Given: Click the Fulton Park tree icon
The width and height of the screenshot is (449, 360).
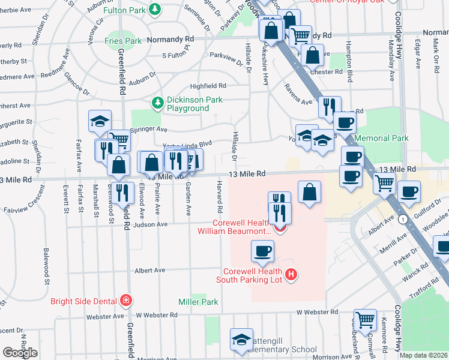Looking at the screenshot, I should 155,9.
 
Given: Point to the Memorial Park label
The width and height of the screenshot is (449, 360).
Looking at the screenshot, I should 382,138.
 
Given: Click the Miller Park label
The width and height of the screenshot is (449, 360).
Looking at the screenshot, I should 198,302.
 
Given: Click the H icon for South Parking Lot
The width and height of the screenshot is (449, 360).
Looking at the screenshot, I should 292,275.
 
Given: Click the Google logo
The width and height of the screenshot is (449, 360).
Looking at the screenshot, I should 20,353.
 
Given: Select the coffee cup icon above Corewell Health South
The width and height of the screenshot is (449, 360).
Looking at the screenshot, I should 262,251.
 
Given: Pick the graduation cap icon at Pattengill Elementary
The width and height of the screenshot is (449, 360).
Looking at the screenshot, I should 241,339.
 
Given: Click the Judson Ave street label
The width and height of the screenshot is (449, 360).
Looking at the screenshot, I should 153,225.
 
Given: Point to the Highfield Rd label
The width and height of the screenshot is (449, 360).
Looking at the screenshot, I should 208,86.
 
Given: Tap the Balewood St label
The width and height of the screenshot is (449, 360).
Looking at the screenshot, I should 45,262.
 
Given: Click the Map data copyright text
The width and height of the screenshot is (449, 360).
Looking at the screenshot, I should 423,355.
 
